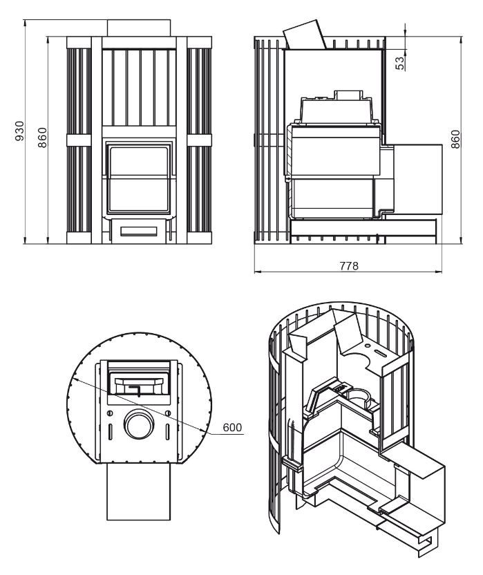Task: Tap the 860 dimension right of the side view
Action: (456, 140)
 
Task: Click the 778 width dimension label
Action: (349, 265)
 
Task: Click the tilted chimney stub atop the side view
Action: (305, 34)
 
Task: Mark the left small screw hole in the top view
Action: (109, 413)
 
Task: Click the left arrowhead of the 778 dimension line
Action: (256, 272)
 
